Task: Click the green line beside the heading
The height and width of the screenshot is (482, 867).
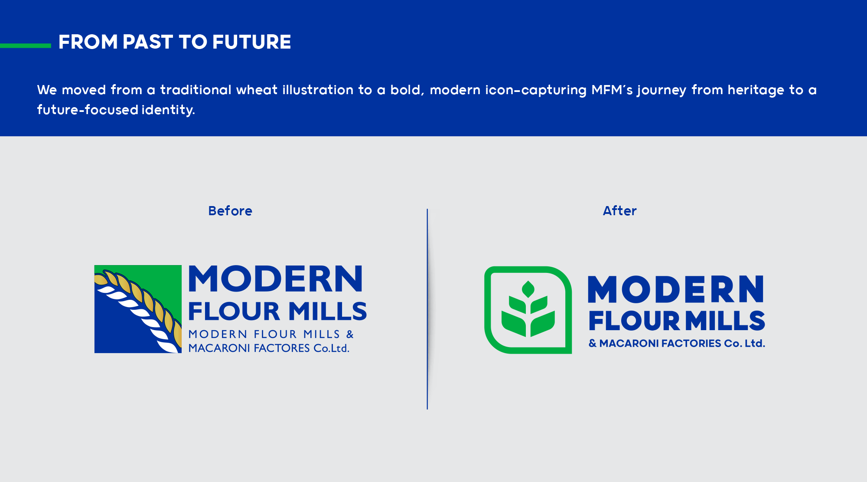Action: [25, 46]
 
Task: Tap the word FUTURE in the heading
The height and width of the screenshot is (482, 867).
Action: [251, 42]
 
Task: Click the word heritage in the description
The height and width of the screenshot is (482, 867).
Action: [756, 90]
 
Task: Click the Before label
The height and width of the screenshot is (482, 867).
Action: [230, 211]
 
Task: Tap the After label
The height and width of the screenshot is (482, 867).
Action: [619, 211]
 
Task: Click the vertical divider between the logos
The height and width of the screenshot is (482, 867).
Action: [427, 309]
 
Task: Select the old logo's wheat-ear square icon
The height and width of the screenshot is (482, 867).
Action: [138, 309]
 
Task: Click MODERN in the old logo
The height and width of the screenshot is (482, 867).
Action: [276, 279]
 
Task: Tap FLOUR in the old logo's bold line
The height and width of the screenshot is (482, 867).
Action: [234, 311]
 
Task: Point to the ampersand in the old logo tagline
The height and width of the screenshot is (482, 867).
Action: [350, 334]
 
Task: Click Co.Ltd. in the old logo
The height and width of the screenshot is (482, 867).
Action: [331, 348]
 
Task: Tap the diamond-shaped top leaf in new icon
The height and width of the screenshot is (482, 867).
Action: [528, 289]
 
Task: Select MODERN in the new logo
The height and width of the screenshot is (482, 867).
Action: [675, 289]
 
